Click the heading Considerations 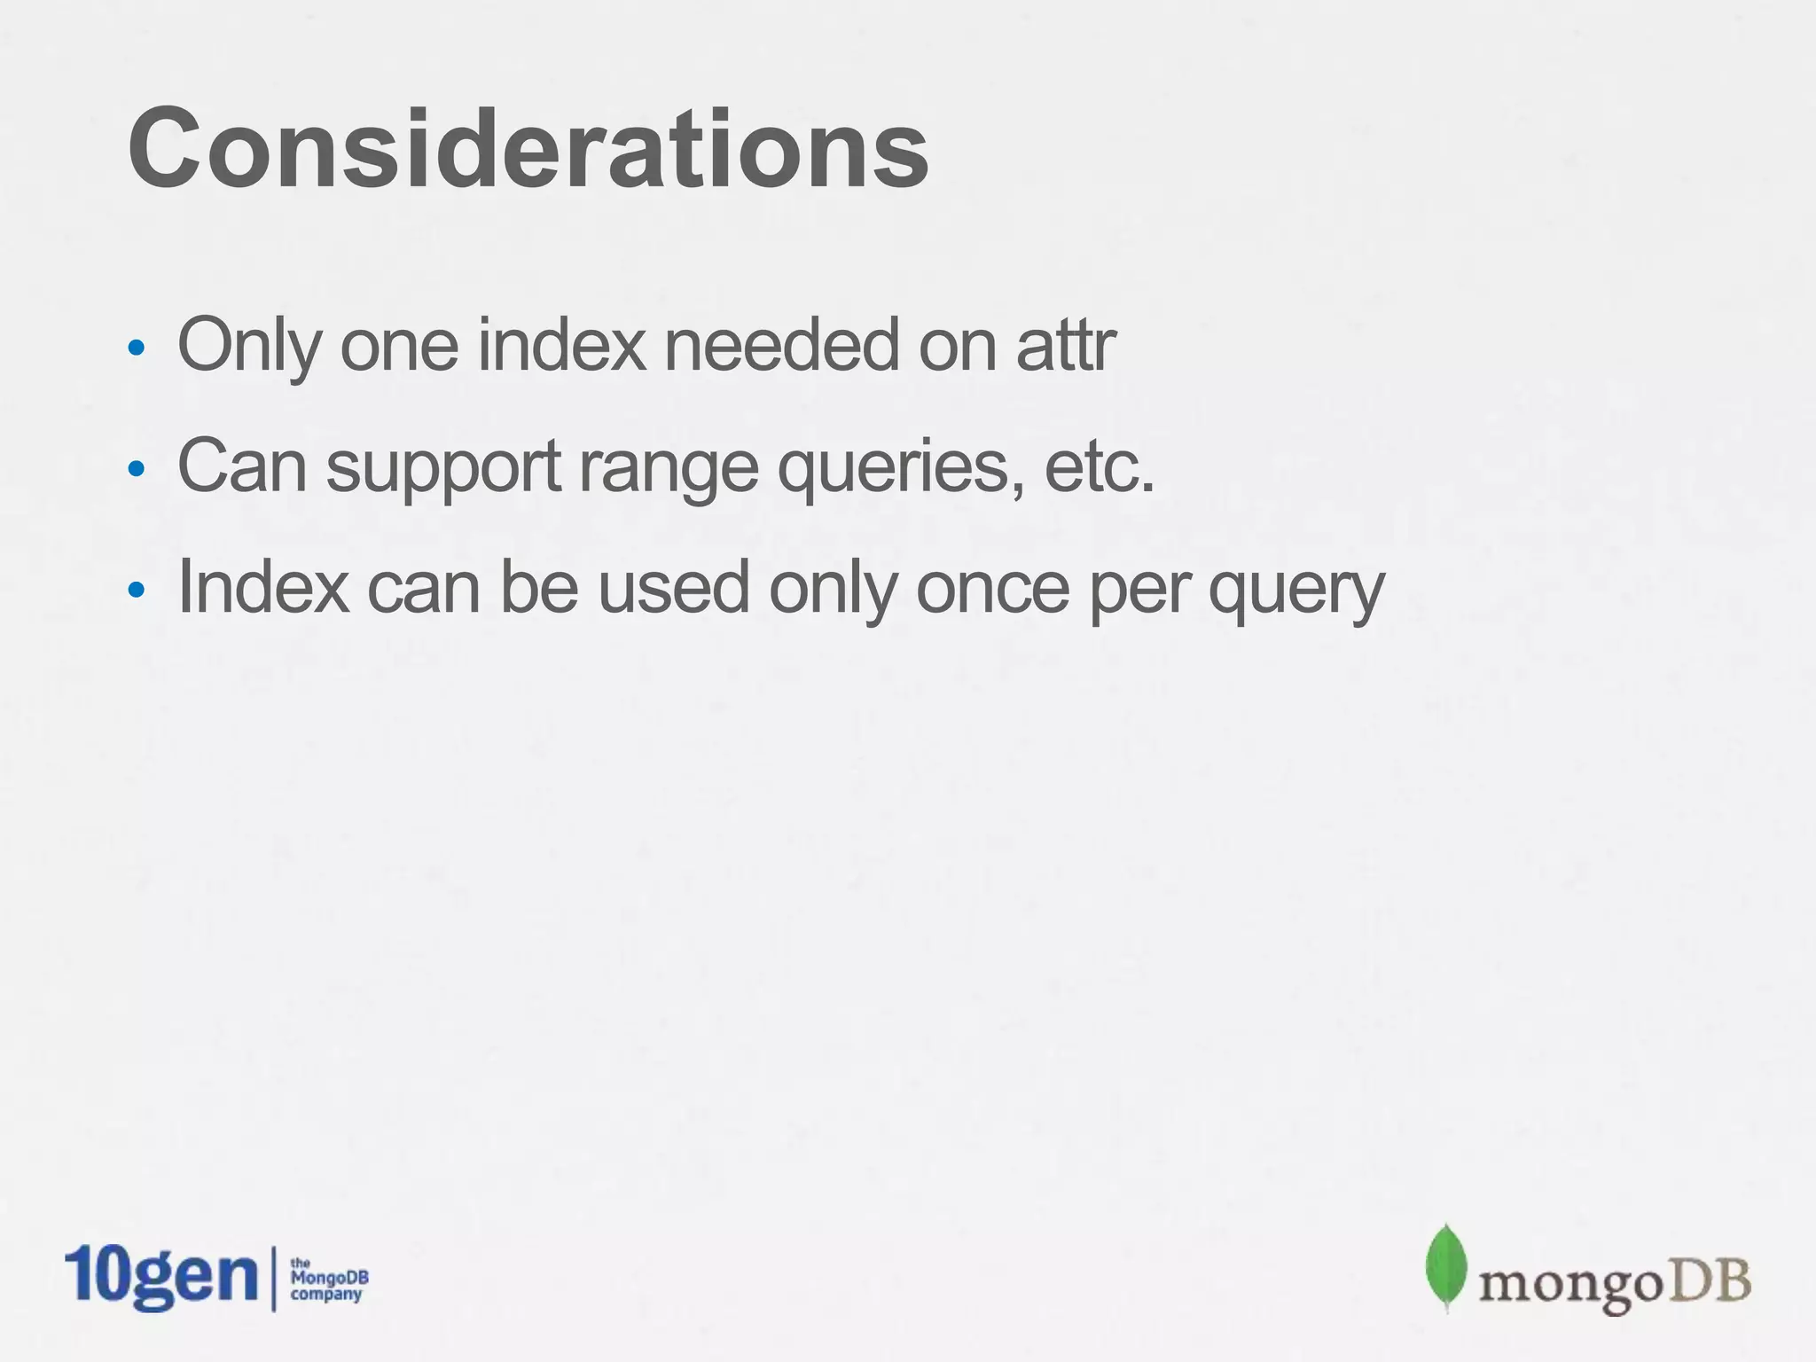pos(528,149)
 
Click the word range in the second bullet pos(669,468)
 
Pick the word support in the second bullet pos(443,468)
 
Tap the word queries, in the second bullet pos(900,468)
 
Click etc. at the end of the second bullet pos(1100,466)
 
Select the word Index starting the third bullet pos(263,587)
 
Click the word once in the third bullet pos(992,587)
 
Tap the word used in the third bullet pos(673,587)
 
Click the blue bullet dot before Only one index pos(136,348)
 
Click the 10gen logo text pos(161,1277)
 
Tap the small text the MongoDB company pos(328,1280)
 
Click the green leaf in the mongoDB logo pos(1446,1266)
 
